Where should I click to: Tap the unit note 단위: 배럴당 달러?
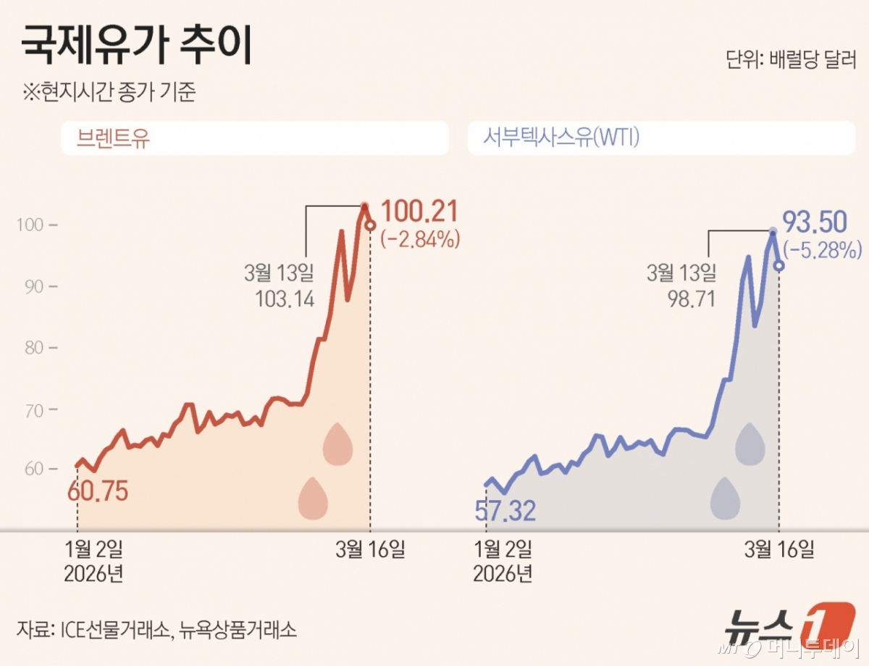[791, 60]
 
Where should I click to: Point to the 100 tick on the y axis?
[35, 225]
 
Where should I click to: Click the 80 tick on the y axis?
[35, 348]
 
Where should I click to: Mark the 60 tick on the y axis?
[35, 469]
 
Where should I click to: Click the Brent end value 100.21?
[419, 212]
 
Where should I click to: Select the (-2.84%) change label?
[421, 239]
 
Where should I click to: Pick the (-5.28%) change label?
[823, 251]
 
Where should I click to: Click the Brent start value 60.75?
[98, 491]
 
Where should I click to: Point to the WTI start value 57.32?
[505, 511]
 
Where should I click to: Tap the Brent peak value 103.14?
[285, 299]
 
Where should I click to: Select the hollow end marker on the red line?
[370, 225]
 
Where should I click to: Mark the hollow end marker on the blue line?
[778, 265]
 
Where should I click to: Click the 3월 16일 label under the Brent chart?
[370, 550]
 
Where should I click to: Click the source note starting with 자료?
[156, 628]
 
